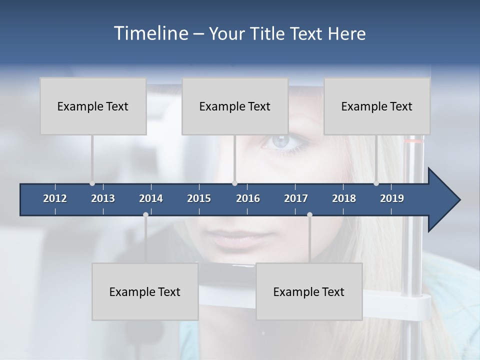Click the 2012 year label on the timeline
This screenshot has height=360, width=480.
55,198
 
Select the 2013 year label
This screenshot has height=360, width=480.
103,198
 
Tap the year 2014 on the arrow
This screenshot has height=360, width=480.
151,198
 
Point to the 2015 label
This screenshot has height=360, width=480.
199,198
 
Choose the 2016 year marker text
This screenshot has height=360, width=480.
248,198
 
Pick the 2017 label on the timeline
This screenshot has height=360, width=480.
296,198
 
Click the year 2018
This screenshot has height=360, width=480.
344,198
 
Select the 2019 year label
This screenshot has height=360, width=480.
392,198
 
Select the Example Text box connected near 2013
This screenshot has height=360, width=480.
93,106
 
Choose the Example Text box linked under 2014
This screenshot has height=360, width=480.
145,291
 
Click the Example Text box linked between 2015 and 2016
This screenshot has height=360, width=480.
235,106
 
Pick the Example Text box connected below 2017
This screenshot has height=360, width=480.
309,291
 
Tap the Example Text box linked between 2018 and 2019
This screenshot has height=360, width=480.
377,106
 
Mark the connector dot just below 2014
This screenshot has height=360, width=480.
145,214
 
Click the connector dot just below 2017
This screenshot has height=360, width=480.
309,214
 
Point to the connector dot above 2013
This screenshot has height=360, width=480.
92,183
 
